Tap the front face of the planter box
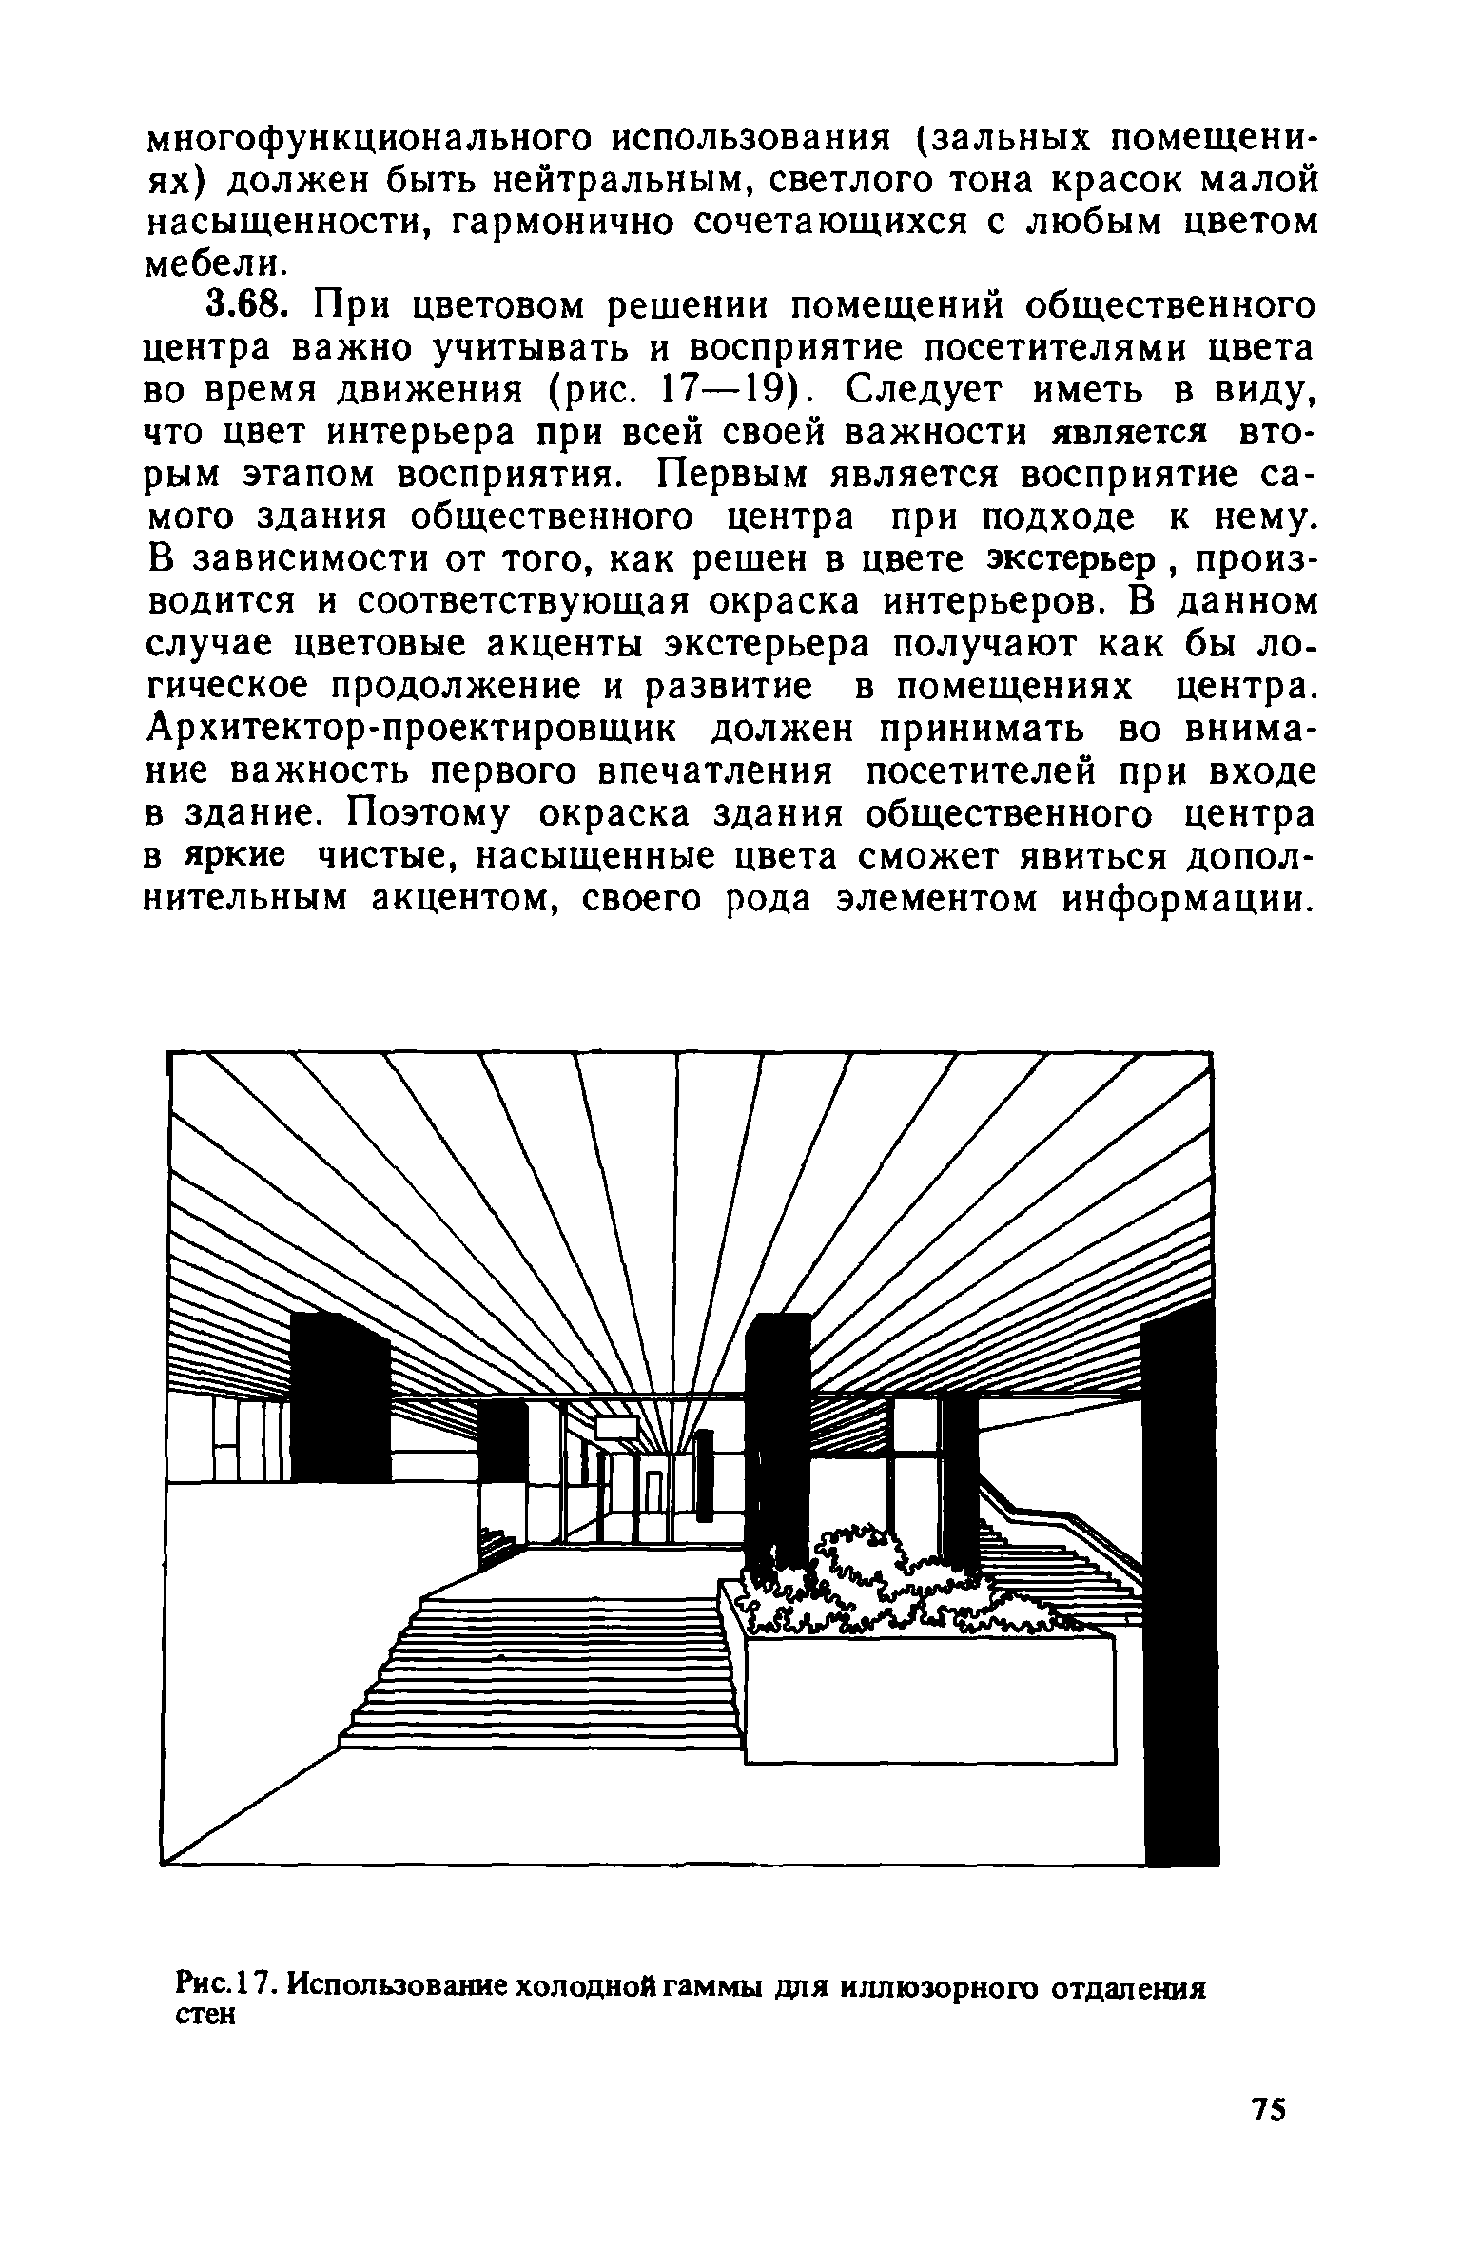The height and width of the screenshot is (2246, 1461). coord(927,1703)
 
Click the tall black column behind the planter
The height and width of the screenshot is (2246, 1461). coord(779,1446)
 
